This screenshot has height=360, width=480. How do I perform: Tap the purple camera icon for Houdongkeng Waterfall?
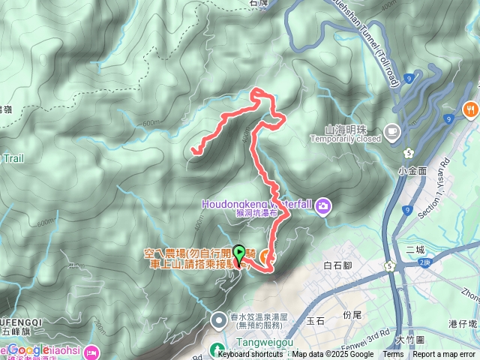(x=323, y=205)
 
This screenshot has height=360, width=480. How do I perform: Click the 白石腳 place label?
(x=336, y=265)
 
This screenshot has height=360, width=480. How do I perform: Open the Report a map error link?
(x=445, y=355)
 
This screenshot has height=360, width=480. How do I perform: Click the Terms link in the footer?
(x=393, y=355)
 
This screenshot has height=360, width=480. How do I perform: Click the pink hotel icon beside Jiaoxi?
(x=91, y=350)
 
